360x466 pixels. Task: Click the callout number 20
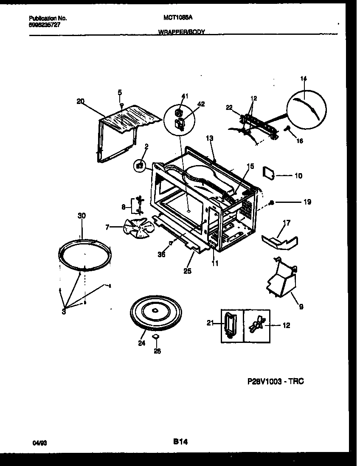[x=80, y=101]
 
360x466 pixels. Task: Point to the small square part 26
[x=156, y=337]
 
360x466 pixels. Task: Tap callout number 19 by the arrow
[x=307, y=202]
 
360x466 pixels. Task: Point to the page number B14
[x=180, y=442]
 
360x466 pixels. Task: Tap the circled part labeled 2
[x=139, y=166]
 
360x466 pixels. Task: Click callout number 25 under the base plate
[x=187, y=270]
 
